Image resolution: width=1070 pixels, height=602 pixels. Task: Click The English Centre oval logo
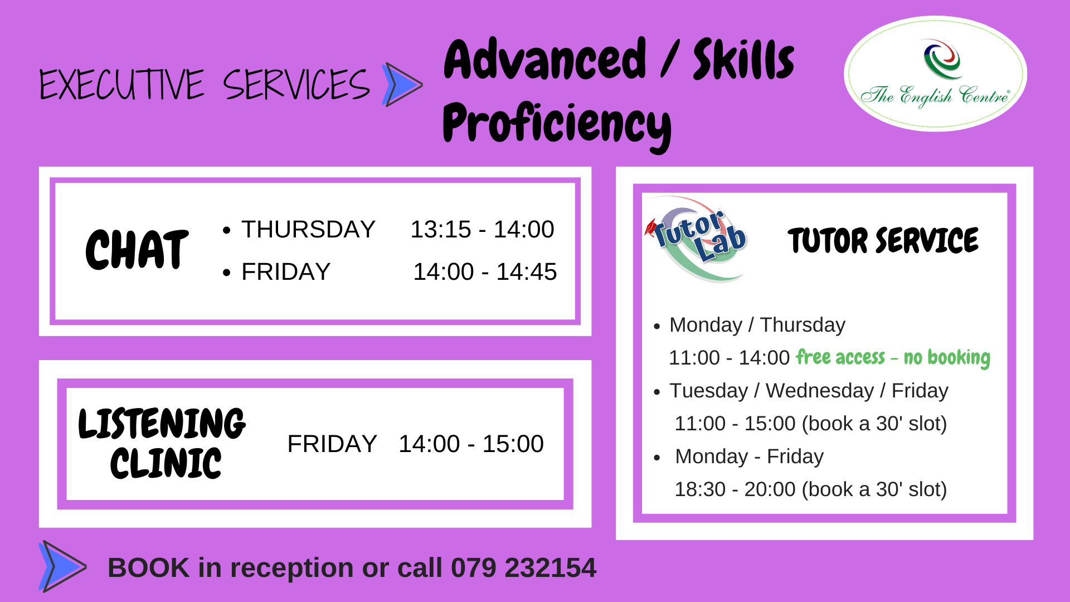coord(935,74)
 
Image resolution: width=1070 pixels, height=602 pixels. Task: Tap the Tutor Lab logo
coord(697,239)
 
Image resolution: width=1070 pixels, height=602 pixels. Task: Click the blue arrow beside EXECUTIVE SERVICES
coord(402,85)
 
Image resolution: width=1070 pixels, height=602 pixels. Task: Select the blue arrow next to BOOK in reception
coord(62,566)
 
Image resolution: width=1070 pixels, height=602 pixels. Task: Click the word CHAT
coord(137,249)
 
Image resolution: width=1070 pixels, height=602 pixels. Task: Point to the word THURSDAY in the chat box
coord(308,229)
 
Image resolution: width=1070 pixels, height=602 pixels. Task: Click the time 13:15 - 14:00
coord(482,229)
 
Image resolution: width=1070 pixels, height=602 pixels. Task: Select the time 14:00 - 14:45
coord(485,271)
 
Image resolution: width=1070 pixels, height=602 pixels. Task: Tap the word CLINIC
coord(166,463)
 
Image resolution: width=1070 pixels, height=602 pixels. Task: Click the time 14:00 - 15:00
coord(471,444)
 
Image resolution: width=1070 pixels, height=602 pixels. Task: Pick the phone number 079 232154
coord(523,567)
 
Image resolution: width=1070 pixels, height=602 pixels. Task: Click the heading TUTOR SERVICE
coord(883,240)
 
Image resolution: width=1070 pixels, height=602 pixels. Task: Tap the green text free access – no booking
coord(893,357)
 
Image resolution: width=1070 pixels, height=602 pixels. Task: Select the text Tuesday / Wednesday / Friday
coord(809,391)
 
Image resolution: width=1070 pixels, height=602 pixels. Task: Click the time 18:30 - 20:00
coord(735,489)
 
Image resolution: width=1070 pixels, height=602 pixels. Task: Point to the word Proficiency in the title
coord(557,125)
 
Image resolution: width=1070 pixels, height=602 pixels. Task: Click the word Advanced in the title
coord(545,60)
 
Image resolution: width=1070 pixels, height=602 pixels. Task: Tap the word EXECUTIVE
coord(122,85)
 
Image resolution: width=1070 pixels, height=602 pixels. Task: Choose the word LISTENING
coord(162,423)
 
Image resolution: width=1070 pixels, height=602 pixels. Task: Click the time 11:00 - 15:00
coord(735,424)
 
